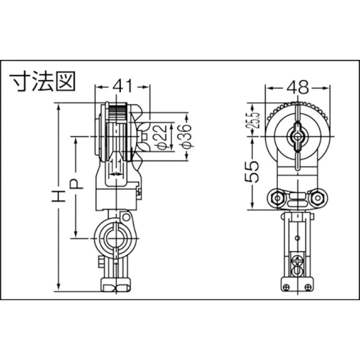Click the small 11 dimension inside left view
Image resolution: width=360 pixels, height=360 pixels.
[116, 164]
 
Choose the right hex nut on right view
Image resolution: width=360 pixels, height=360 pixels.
[319, 198]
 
